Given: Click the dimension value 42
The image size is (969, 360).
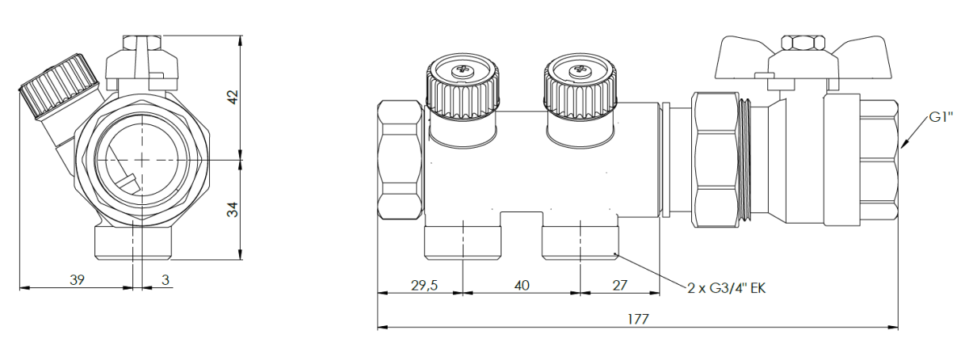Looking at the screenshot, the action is click(x=233, y=97).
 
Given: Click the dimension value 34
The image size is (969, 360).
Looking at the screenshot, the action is click(x=233, y=210).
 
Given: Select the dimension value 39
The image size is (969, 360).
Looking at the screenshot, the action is click(x=77, y=280).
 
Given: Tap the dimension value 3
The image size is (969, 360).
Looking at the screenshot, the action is click(x=166, y=280).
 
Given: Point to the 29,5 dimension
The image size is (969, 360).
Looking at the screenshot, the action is click(x=424, y=285).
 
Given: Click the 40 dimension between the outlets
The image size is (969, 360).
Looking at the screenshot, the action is click(x=522, y=285).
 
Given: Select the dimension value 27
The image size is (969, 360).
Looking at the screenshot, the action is click(x=620, y=285).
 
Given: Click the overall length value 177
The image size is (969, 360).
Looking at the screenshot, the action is click(x=638, y=319).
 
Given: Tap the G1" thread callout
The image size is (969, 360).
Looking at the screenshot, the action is click(x=942, y=117).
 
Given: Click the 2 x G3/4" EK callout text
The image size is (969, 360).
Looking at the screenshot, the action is click(x=727, y=288).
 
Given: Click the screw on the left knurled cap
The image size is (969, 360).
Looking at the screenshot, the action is click(x=463, y=70).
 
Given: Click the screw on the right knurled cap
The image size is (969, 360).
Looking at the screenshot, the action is click(x=579, y=70).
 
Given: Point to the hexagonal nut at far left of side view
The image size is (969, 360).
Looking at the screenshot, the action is click(x=401, y=159).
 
